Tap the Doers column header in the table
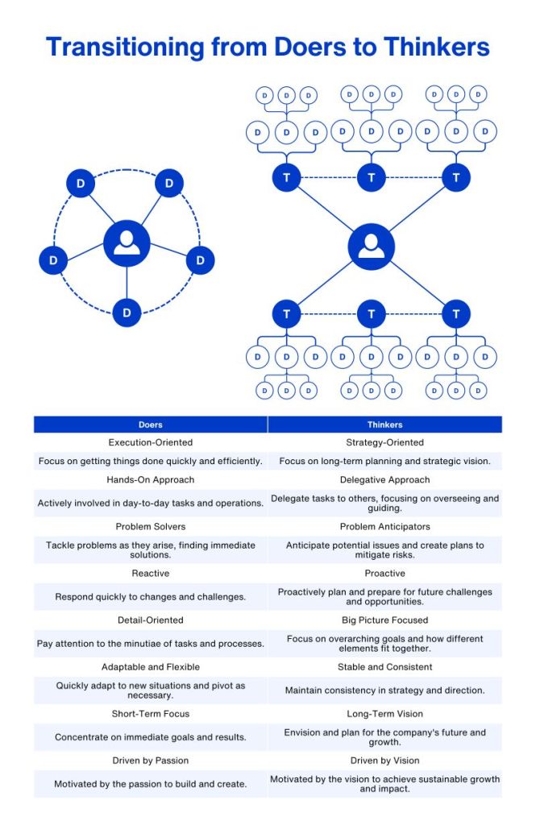click(x=151, y=425)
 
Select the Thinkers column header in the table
click(x=384, y=425)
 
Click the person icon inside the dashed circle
click(x=127, y=243)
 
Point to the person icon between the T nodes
click(x=372, y=246)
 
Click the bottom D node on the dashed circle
click(x=127, y=312)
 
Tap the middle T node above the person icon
click(x=372, y=176)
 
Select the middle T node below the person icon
click(x=372, y=313)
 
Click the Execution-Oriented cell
click(x=151, y=442)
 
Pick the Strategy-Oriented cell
click(x=384, y=442)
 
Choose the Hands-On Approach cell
click(x=151, y=480)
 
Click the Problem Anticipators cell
click(x=384, y=527)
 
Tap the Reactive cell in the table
click(x=151, y=574)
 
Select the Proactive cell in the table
click(x=384, y=574)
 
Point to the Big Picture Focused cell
click(x=384, y=620)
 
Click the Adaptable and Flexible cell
click(x=151, y=667)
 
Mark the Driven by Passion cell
click(x=151, y=761)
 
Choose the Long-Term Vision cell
click(x=384, y=714)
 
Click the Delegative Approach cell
click(x=384, y=480)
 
